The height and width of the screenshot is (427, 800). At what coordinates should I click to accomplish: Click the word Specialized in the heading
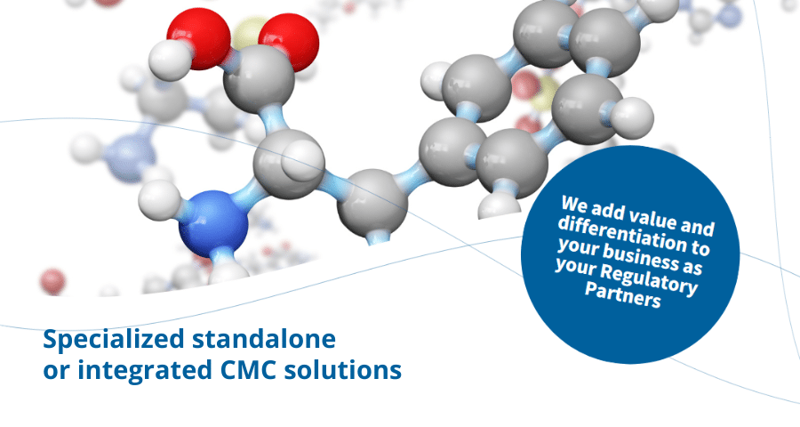114,340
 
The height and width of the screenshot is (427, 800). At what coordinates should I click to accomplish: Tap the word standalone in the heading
264,339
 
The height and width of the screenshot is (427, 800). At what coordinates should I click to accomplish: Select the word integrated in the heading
145,370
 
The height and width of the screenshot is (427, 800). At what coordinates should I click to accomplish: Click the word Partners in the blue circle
623,294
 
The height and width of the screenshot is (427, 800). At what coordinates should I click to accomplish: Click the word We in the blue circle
574,204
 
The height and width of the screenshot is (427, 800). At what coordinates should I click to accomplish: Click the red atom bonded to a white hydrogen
198,37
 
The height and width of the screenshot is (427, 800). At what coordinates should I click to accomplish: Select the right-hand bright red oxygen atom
289,42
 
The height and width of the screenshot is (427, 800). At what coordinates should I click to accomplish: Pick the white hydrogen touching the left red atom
169,60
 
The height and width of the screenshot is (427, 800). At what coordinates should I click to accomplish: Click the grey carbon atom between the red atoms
260,78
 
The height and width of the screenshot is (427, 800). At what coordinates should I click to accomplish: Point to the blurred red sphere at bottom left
52,281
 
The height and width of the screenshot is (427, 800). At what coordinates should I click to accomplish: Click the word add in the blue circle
608,209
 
